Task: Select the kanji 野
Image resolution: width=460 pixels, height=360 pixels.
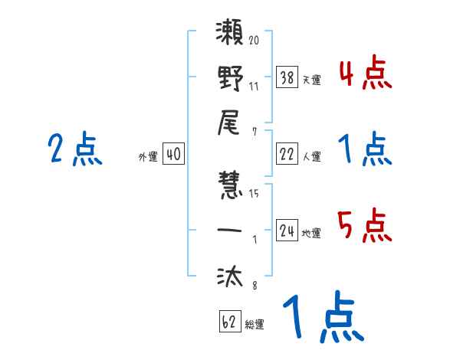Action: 230,80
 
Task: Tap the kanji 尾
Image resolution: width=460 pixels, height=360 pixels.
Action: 230,122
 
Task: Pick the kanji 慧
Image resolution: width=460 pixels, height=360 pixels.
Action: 230,188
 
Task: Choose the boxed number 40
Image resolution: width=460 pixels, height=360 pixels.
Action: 173,155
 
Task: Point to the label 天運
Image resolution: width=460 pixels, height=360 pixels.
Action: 311,80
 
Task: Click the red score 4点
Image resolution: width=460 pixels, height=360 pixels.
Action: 365,74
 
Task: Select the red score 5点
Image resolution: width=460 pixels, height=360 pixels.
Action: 365,227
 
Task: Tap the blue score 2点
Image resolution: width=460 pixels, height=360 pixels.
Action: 75,149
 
